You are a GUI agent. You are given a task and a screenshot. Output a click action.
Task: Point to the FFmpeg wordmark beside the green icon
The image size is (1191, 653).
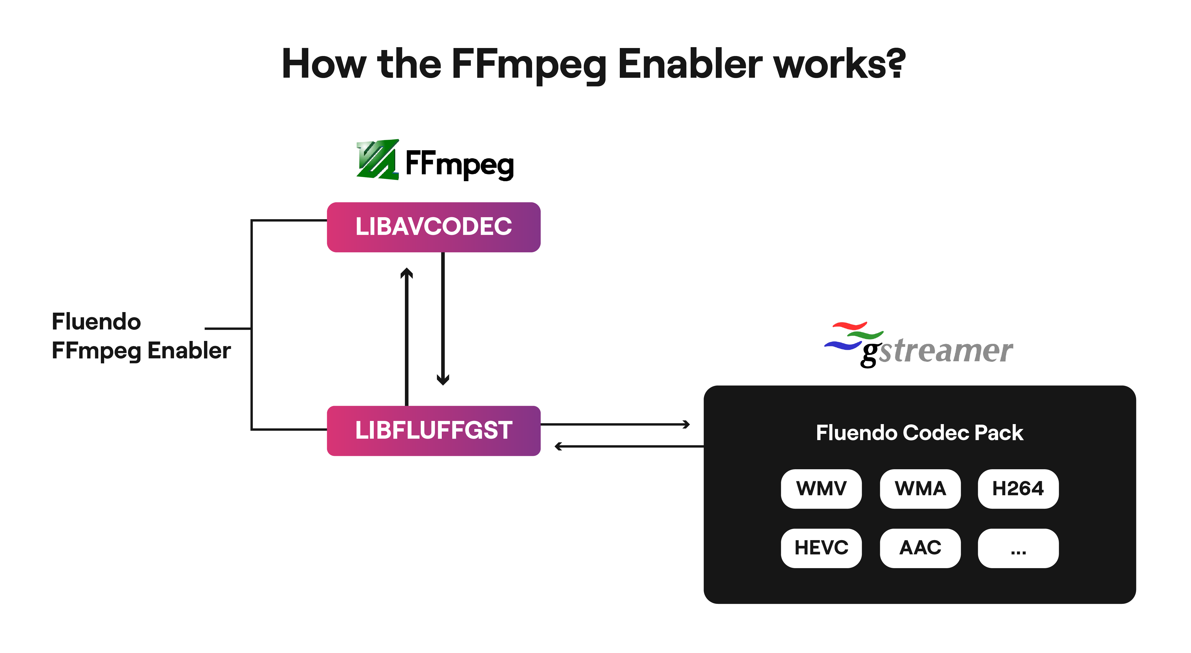click(459, 164)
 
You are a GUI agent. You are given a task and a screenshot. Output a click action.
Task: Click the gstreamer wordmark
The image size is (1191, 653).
click(939, 352)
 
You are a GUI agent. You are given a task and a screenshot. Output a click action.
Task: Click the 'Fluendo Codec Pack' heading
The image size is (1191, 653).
click(919, 433)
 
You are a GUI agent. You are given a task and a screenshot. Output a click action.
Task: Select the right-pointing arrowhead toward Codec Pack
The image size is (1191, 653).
click(686, 424)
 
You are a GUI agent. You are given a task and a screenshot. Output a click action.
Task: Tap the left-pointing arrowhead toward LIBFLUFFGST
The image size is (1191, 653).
click(559, 446)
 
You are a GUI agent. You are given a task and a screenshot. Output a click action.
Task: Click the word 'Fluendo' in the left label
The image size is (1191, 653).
click(96, 322)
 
